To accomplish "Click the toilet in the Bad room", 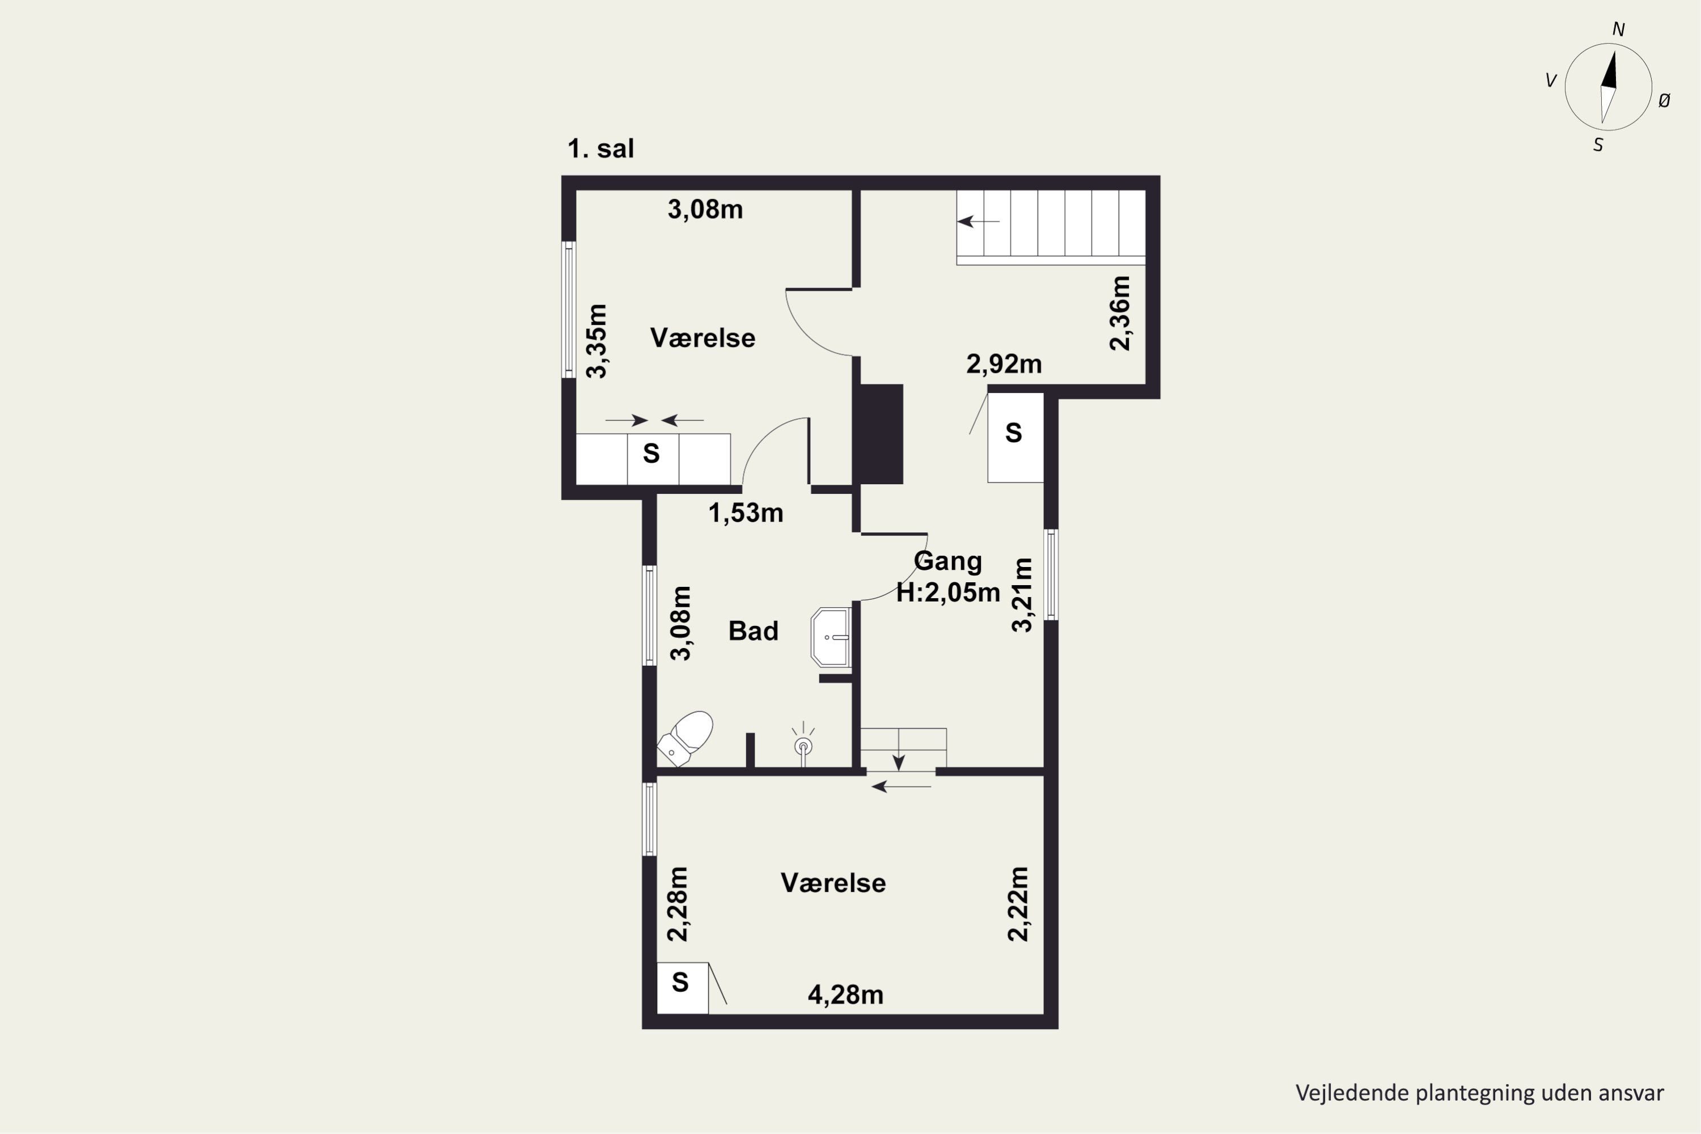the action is click(684, 738).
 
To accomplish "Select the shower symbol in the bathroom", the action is click(803, 744).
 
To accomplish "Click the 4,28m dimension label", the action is click(845, 995).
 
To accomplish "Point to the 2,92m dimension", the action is click(1004, 364).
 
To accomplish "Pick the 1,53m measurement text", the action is click(746, 513).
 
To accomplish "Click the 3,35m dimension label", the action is click(596, 341).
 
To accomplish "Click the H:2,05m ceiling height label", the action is click(948, 593).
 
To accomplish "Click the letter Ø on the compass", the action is click(1664, 101).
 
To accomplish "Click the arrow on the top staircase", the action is click(979, 221).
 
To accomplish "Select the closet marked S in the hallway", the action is click(1015, 438).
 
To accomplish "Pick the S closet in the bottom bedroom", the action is click(682, 988).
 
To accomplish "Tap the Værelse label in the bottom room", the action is click(833, 883).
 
